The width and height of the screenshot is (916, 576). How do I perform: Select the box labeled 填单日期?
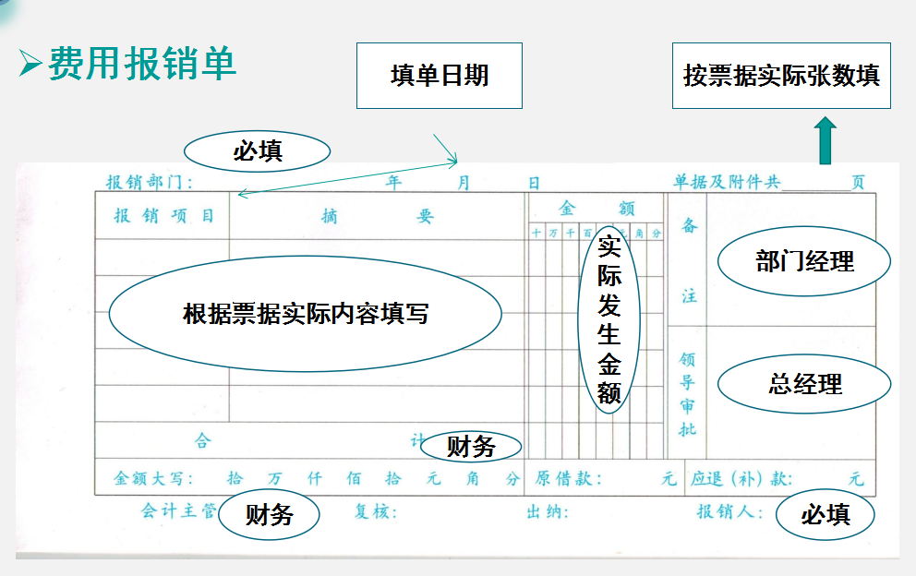[x=439, y=75]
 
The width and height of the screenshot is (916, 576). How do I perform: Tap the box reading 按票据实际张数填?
[x=781, y=75]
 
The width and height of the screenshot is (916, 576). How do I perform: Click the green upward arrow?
[x=826, y=140]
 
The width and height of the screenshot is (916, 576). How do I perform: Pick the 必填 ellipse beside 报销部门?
[x=258, y=151]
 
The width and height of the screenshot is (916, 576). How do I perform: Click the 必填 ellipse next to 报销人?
[x=825, y=513]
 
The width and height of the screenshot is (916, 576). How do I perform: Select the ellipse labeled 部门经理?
[x=804, y=261]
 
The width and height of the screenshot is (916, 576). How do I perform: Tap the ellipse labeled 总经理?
[x=804, y=383]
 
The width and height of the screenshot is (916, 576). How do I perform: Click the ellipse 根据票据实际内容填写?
[x=306, y=314]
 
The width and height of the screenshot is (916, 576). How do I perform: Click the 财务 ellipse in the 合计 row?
[x=471, y=448]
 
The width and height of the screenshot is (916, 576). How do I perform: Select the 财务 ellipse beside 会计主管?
[x=269, y=514]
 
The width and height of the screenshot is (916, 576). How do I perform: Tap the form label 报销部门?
[x=149, y=182]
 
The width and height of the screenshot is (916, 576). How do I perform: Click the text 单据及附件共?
[x=727, y=182]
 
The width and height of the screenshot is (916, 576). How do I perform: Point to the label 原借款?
[x=567, y=479]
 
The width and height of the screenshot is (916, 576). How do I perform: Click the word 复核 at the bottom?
[x=375, y=512]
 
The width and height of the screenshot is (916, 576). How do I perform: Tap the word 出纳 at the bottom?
[x=547, y=512]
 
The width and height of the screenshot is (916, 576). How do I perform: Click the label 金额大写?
[x=152, y=479]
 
